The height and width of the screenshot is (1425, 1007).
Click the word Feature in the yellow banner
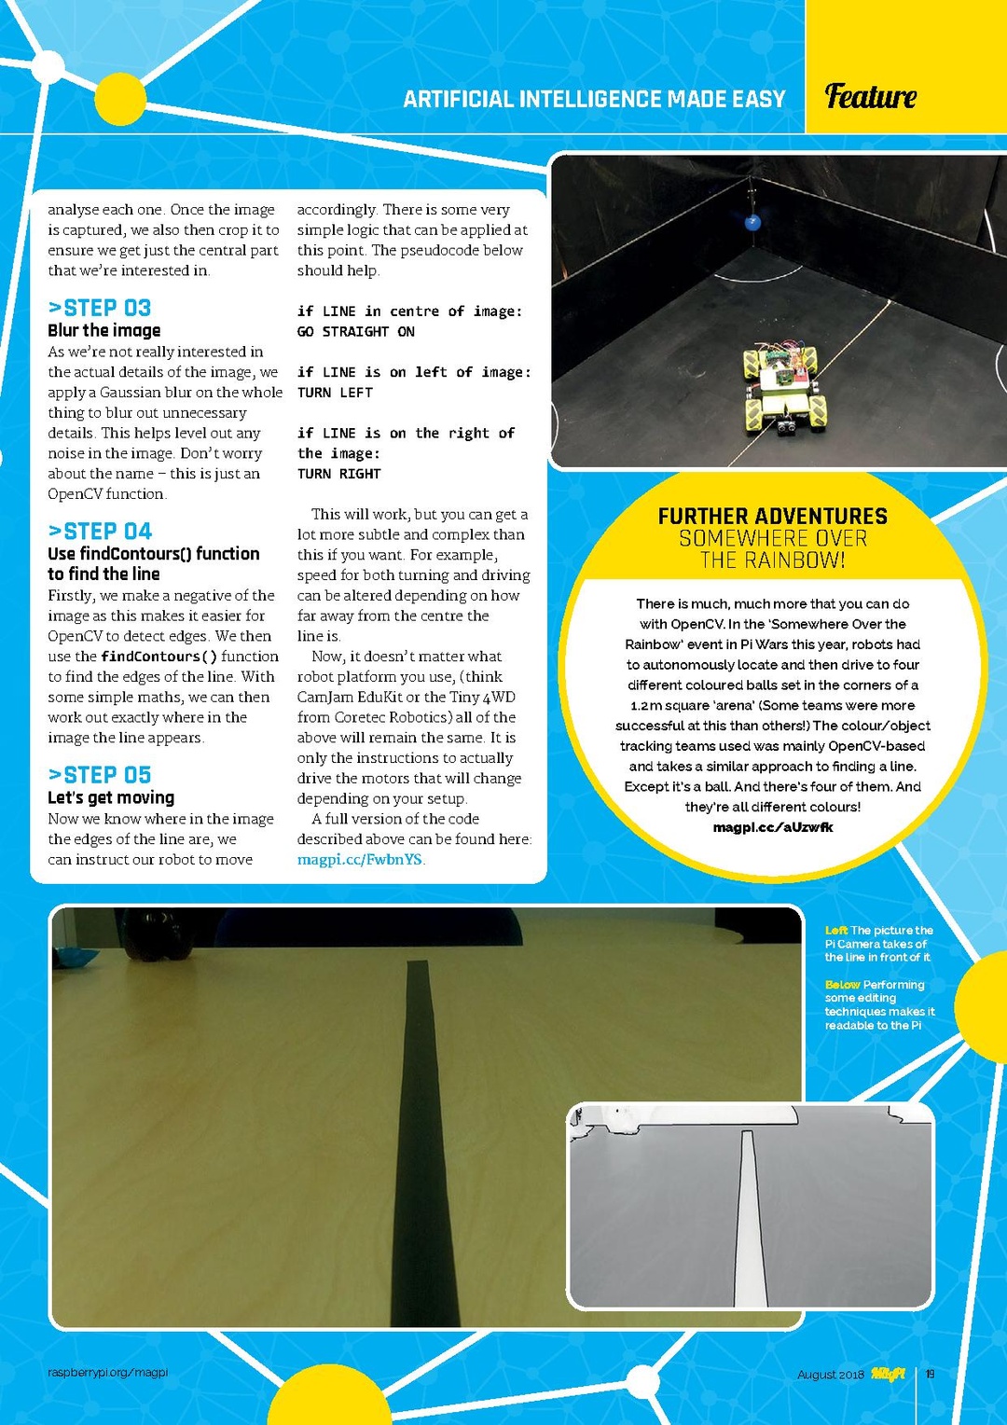[871, 96]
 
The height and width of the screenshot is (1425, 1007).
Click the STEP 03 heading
[100, 308]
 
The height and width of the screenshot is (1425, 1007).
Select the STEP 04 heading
[100, 532]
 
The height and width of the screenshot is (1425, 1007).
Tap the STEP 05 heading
[100, 775]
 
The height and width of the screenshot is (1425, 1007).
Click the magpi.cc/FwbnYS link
[360, 860]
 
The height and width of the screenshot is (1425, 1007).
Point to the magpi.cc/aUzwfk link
[773, 827]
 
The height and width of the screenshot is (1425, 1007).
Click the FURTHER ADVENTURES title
[773, 517]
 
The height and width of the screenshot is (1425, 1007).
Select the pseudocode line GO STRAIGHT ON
[356, 332]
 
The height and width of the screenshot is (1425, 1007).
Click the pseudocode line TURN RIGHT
[339, 474]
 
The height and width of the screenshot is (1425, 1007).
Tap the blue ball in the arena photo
[752, 222]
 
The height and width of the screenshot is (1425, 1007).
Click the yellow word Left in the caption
[836, 931]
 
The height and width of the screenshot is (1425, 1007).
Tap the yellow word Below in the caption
[843, 985]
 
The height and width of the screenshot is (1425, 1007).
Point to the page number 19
[930, 1374]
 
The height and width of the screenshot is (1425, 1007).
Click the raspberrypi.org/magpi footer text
[108, 1372]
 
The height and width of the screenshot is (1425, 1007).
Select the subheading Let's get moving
[111, 797]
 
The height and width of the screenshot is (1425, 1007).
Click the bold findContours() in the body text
[159, 657]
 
